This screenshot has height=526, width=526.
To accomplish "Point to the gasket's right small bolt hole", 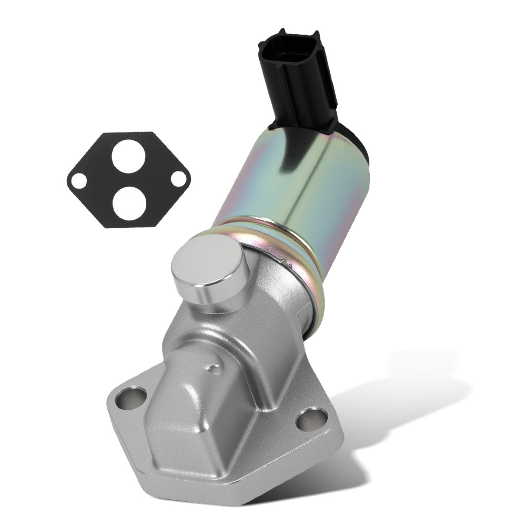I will coord(178,178).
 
